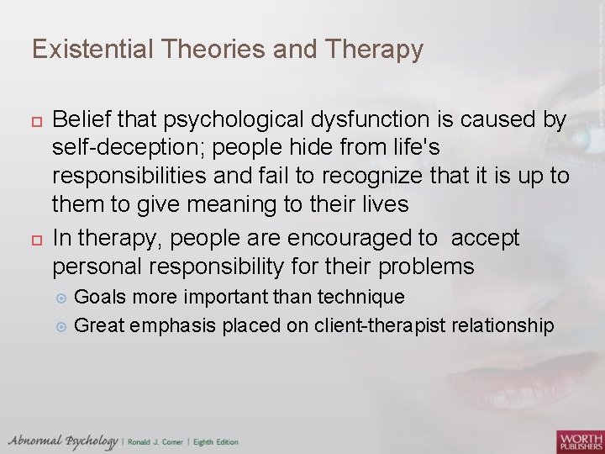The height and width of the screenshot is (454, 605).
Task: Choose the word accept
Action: [x=486, y=239]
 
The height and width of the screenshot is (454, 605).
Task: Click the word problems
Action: [x=427, y=267]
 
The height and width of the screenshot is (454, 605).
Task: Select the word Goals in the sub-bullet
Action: [x=98, y=298]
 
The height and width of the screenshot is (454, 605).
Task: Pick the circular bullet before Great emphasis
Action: [x=60, y=326]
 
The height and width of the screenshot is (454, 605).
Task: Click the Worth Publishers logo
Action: [x=579, y=441]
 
